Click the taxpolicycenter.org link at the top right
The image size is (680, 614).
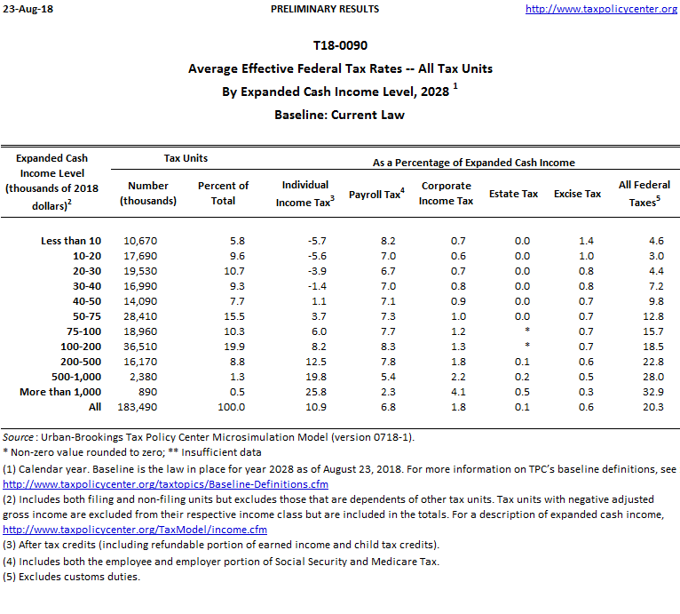click(601, 9)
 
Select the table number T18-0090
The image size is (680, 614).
click(340, 45)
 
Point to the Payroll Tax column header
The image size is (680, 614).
click(376, 194)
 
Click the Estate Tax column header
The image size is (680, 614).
click(513, 194)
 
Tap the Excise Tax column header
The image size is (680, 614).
click(577, 194)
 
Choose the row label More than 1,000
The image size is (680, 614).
click(60, 392)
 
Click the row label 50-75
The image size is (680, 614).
click(86, 316)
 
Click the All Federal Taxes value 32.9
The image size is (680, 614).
click(653, 392)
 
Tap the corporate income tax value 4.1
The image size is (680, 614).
click(458, 392)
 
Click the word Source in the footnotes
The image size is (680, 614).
click(19, 437)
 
